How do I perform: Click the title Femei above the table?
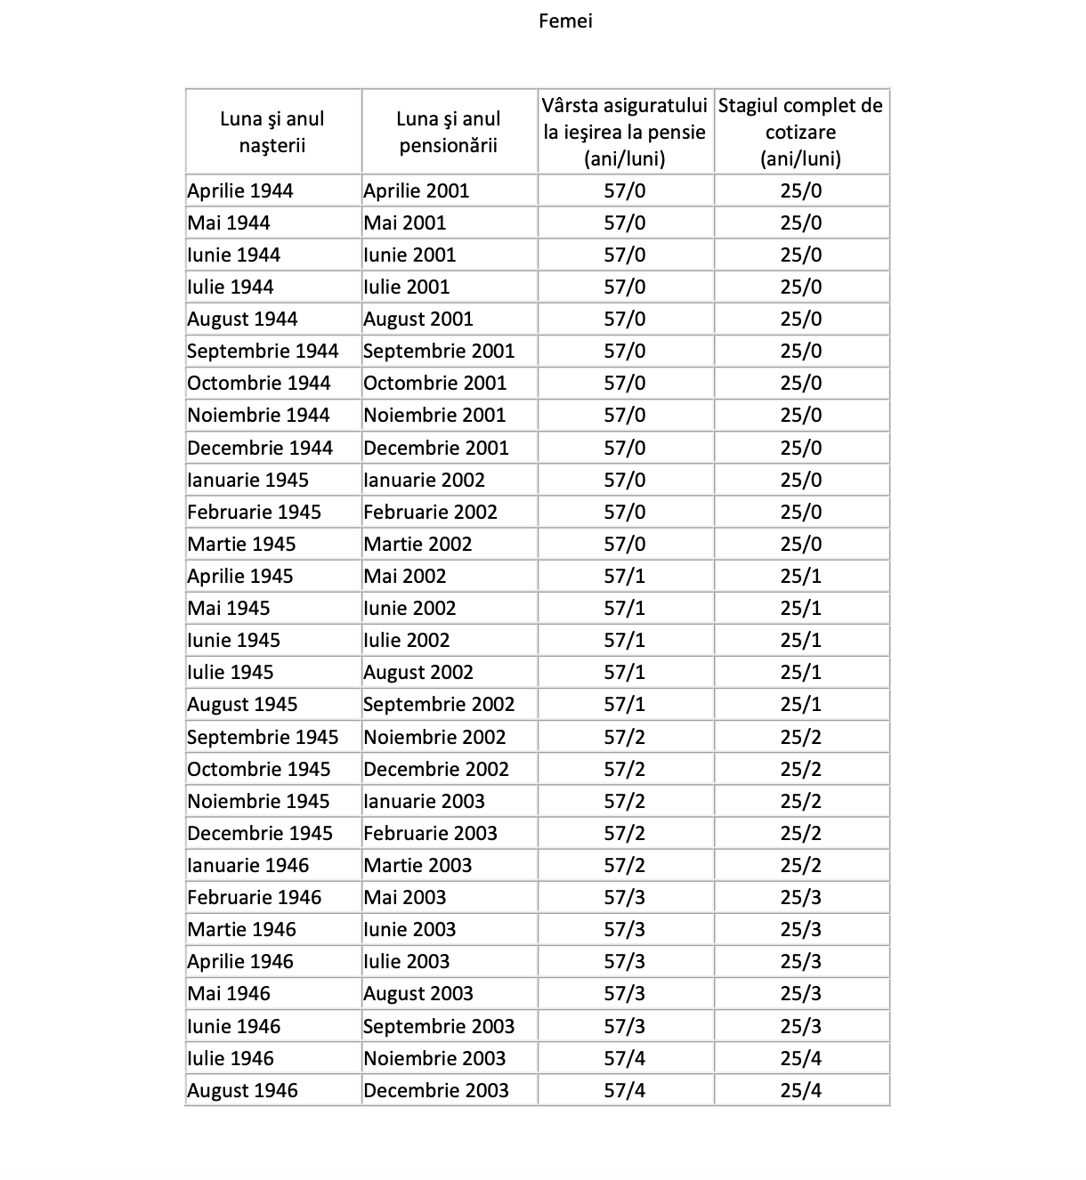coord(565,20)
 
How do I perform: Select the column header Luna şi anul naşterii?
coord(272,132)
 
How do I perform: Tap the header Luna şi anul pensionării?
coord(449,132)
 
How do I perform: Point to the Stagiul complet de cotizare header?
coord(800,132)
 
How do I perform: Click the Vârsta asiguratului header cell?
coord(625,132)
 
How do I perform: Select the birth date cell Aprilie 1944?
coord(240,190)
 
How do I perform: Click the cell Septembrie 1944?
coord(263,351)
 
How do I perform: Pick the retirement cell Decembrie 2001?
coord(436,448)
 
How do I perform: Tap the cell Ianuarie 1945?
coord(248,480)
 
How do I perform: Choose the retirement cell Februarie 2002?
coord(431,512)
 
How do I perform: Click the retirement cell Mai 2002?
coord(405,576)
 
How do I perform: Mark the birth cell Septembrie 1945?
coord(263,737)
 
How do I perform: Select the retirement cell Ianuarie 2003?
coord(425,801)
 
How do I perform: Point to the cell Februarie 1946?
coord(255,897)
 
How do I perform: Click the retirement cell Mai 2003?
coord(405,897)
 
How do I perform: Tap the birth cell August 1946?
coord(243,1090)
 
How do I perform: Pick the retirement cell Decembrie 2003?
coord(436,1090)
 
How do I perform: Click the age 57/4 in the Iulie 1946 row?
coord(625,1058)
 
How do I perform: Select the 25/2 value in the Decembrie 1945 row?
coord(801,833)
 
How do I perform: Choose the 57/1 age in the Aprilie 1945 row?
coord(625,576)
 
